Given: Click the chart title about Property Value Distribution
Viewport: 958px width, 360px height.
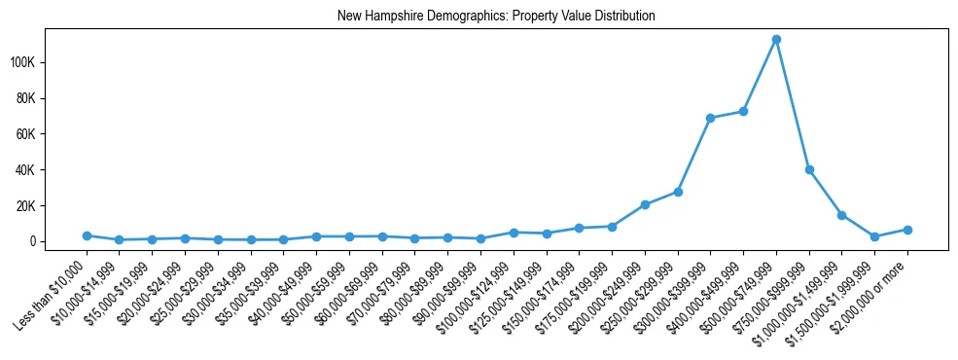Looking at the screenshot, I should (x=496, y=17).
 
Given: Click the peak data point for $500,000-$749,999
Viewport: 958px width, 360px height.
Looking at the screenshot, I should (x=776, y=40).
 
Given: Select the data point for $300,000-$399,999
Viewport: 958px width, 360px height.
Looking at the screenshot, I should (x=710, y=118).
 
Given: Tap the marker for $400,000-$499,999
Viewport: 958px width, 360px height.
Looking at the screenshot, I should (x=743, y=111).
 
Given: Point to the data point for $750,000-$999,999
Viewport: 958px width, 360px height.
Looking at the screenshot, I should (x=809, y=169).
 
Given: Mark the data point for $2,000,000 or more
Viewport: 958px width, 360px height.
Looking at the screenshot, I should (x=907, y=230).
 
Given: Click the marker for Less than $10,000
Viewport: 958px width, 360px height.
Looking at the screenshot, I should (x=87, y=235).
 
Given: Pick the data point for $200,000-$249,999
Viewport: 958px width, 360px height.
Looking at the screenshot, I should (x=645, y=204).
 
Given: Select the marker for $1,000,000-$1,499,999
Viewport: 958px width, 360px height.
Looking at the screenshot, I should (x=841, y=215).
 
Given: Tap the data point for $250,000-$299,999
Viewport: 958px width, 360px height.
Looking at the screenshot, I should (x=678, y=192).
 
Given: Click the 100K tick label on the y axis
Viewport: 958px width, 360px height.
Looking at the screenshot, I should (x=50, y=62).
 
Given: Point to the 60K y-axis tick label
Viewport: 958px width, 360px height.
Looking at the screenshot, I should (x=53, y=134).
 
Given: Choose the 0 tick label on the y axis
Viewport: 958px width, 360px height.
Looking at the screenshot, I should (x=59, y=241).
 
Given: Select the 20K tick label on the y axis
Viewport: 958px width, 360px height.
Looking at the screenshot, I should (x=53, y=206).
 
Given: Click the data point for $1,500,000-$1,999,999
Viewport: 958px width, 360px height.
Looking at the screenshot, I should (x=874, y=236).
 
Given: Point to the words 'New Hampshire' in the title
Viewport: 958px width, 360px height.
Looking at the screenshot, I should (x=373, y=17).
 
